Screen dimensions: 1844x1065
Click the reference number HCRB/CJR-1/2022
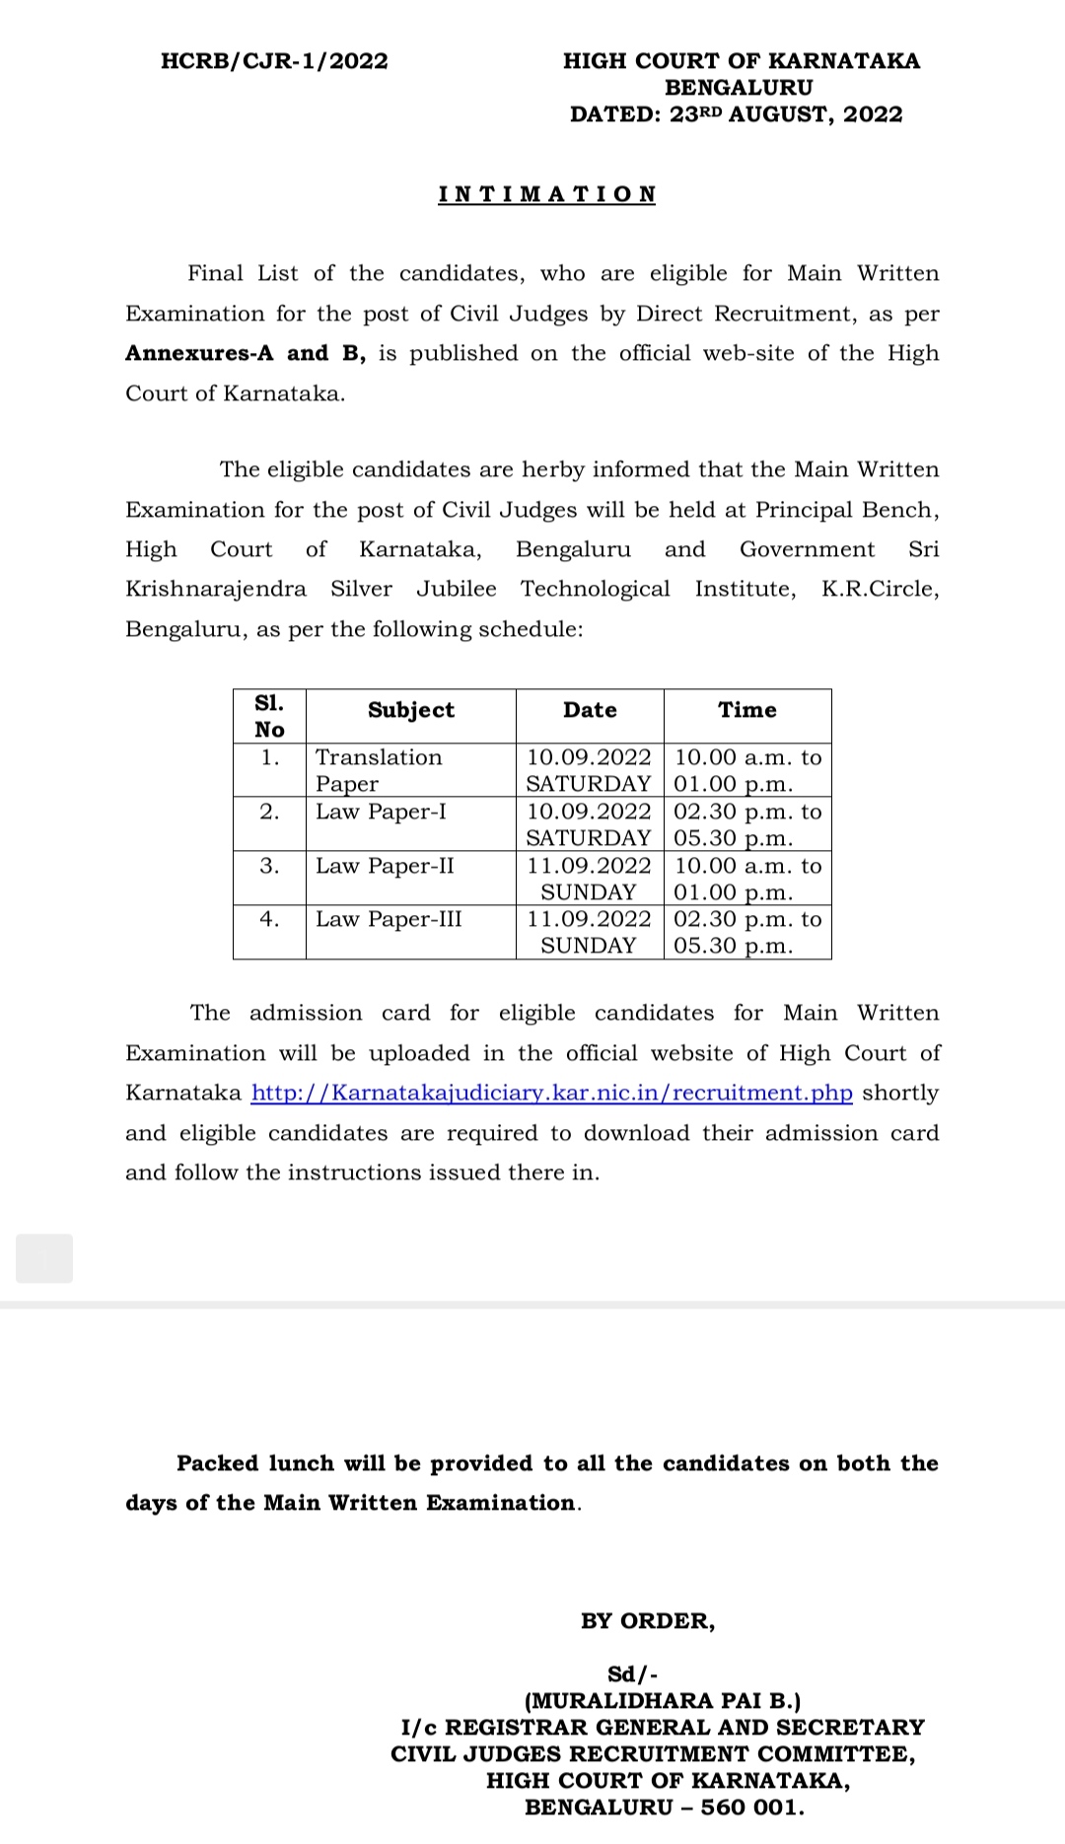click(274, 61)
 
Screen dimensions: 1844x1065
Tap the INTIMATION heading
click(547, 194)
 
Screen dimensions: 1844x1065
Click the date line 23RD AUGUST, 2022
click(736, 114)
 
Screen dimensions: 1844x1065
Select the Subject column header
click(410, 710)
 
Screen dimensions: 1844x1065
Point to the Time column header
click(746, 710)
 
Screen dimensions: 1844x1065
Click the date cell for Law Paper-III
click(589, 932)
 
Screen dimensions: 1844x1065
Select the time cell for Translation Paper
click(746, 770)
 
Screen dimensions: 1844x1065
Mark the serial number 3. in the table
click(269, 866)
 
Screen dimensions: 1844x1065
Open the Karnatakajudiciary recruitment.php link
click(551, 1094)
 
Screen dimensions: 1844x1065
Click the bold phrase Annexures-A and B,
click(245, 353)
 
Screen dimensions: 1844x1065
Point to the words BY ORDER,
click(648, 1622)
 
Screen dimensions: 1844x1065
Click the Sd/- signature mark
click(632, 1674)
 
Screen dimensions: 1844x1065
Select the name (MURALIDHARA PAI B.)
click(663, 1701)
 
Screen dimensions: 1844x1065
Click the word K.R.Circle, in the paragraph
click(880, 590)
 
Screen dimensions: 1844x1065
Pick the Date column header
click(590, 710)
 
